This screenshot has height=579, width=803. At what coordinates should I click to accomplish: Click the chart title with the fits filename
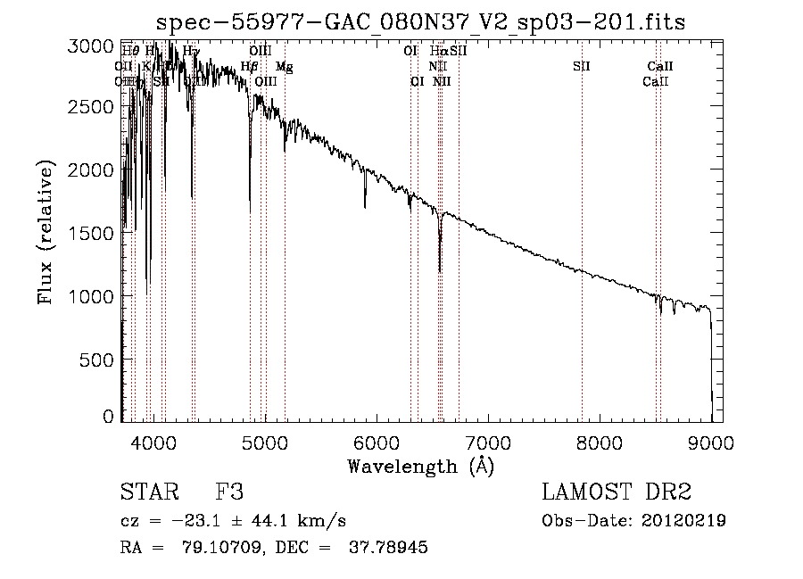point(420,21)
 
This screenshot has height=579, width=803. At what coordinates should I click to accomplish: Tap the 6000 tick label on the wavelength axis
point(376,441)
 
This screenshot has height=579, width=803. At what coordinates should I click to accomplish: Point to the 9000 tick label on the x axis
point(711,441)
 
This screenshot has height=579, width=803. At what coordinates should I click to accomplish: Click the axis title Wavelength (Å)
point(419,466)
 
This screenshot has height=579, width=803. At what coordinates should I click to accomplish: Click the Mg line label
point(284,67)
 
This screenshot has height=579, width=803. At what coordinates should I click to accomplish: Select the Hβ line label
point(250,67)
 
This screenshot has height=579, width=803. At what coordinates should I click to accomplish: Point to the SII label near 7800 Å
point(582,67)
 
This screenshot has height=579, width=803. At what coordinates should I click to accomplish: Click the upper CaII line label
point(660,67)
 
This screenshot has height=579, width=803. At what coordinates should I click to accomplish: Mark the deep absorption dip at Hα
point(439,268)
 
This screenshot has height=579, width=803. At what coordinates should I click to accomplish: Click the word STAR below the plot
point(148,492)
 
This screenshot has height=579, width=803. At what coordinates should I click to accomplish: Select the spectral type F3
point(229,492)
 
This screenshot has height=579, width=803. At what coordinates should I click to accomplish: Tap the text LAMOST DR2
point(617,492)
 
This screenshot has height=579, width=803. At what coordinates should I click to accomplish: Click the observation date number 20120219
point(683,521)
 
